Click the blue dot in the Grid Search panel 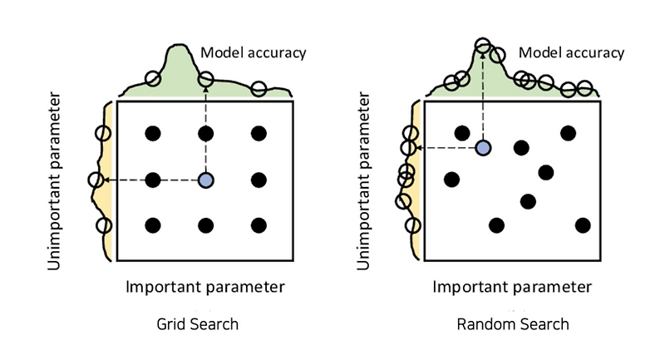tap(206, 180)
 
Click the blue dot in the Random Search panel tap(482, 148)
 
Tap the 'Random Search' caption tap(513, 323)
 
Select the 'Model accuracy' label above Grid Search tap(254, 53)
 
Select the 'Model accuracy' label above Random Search tap(571, 53)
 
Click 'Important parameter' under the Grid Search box tap(205, 287)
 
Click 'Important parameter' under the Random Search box tap(512, 287)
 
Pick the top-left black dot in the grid tap(152, 133)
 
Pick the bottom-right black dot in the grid tap(259, 225)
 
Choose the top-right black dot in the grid tap(259, 133)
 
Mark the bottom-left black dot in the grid tap(152, 225)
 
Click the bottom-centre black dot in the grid tap(206, 225)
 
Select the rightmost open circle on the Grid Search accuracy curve tap(259, 88)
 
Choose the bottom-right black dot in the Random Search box tap(582, 224)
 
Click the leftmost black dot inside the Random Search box tap(451, 179)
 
